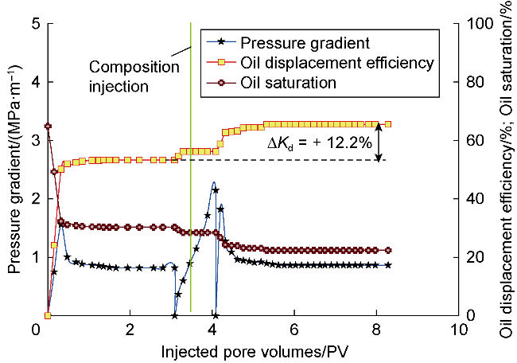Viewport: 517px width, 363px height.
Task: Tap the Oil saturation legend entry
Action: pyautogui.click(x=271, y=83)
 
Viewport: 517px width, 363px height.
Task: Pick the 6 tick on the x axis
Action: pyautogui.click(x=294, y=330)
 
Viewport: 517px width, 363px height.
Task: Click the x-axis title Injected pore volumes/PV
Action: pyautogui.click(x=255, y=352)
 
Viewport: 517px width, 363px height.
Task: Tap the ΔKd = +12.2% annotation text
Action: pyautogui.click(x=320, y=143)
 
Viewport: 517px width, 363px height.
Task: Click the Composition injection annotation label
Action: pyautogui.click(x=134, y=76)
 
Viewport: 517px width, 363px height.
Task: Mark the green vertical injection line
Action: pyautogui.click(x=191, y=167)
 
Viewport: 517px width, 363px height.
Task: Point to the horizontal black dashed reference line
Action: pyautogui.click(x=278, y=160)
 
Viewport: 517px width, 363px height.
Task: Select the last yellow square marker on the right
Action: pyautogui.click(x=388, y=124)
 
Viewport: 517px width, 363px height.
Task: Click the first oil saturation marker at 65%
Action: pyautogui.click(x=48, y=126)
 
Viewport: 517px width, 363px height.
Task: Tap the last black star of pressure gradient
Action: pyautogui.click(x=388, y=265)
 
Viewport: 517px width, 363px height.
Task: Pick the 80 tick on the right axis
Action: pyautogui.click(x=475, y=82)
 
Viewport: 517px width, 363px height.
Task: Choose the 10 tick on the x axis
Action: pyautogui.click(x=459, y=330)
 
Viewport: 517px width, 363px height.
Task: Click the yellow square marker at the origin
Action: pyautogui.click(x=48, y=315)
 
